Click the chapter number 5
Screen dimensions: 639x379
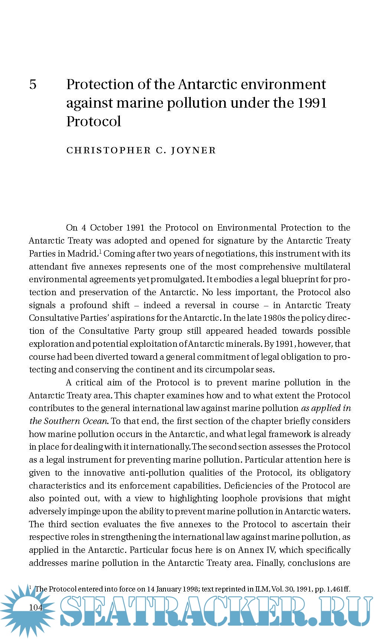point(33,85)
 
